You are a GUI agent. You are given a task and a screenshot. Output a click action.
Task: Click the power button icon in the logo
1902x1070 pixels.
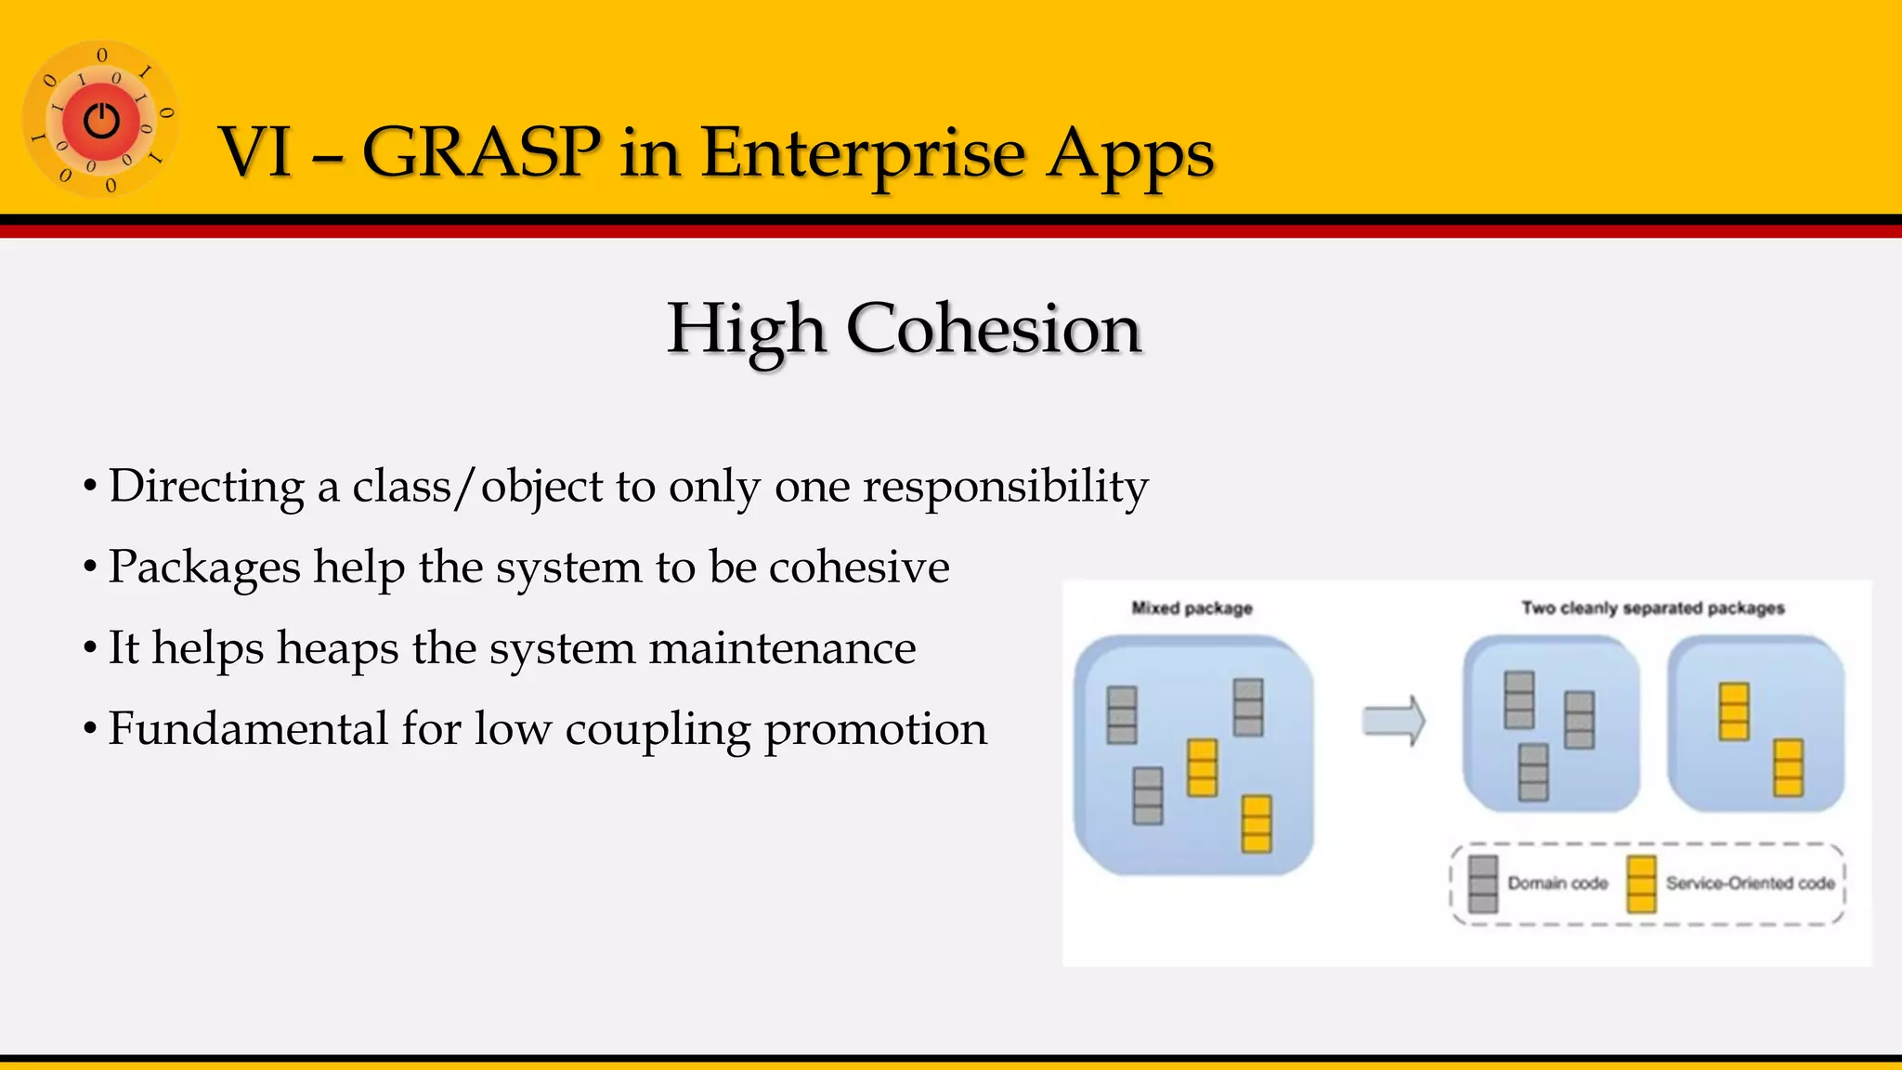pos(101,121)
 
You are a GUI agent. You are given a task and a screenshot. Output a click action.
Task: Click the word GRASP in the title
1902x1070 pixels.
pos(481,151)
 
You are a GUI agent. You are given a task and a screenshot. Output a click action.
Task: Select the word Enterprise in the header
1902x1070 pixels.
pos(863,151)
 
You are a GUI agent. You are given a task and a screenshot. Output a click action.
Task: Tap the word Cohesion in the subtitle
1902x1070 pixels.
pos(993,329)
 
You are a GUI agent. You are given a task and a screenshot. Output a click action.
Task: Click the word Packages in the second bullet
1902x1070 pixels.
pos(204,568)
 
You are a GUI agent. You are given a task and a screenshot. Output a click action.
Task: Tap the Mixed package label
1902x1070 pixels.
pos(1192,608)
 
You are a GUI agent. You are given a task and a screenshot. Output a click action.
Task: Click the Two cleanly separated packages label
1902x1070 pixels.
pos(1652,608)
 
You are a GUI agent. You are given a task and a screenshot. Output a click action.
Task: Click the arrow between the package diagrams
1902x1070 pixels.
pos(1393,721)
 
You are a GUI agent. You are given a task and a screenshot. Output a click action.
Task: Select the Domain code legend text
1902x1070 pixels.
pos(1557,883)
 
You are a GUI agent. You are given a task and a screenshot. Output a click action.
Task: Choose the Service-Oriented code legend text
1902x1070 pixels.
pos(1750,883)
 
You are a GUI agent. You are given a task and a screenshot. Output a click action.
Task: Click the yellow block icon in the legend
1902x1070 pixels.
pos(1641,883)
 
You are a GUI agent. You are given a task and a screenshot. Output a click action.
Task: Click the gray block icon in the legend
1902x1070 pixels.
pos(1483,883)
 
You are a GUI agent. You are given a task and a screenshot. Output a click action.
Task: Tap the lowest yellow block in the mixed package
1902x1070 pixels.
pos(1256,824)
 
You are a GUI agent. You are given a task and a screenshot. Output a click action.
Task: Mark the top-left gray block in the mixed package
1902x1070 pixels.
pos(1122,715)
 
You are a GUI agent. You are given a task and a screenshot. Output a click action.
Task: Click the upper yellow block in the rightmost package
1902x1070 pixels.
pos(1733,711)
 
